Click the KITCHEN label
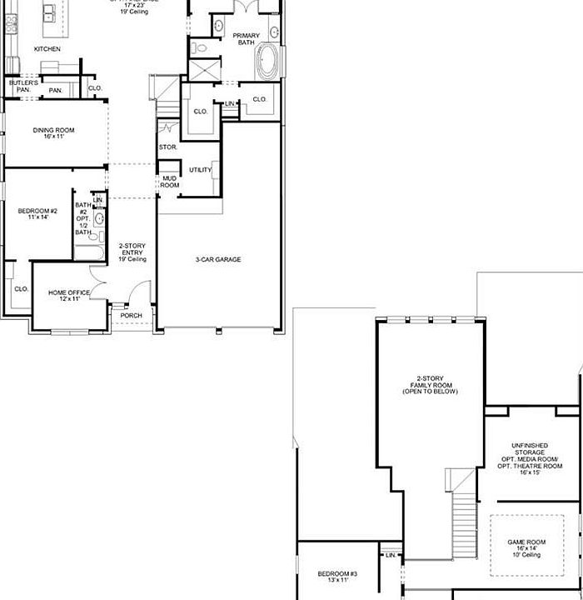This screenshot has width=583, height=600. [x=47, y=49]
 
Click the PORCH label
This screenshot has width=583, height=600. [x=132, y=316]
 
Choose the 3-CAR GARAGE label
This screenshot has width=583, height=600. [x=218, y=260]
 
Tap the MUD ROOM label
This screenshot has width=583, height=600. [x=170, y=182]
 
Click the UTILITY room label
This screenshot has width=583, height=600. [x=200, y=170]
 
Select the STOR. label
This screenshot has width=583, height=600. [x=167, y=147]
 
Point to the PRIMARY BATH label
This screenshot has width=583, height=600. [x=247, y=39]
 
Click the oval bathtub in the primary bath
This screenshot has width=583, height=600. [x=268, y=63]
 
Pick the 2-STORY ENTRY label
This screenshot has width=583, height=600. [x=132, y=252]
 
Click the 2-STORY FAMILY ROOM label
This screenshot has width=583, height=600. [x=430, y=384]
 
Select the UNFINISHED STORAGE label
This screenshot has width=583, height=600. [x=530, y=458]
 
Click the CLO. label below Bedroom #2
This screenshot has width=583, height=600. [x=21, y=289]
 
